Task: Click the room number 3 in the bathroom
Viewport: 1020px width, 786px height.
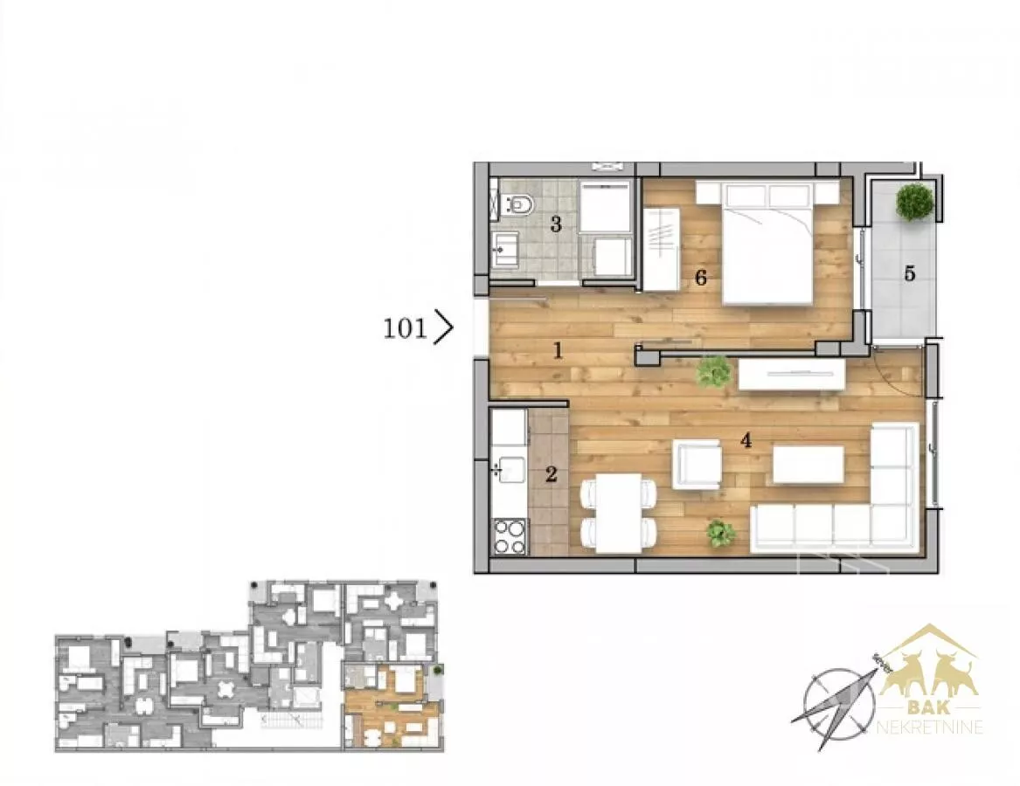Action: click(556, 224)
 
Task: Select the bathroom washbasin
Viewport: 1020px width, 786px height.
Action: click(505, 249)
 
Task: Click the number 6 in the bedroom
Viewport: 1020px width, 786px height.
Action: click(701, 278)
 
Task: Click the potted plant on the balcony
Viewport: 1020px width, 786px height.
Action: click(914, 203)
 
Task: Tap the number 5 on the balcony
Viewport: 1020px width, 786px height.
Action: click(909, 273)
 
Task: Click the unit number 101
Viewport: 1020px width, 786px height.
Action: click(405, 328)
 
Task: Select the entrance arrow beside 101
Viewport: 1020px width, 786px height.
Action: click(443, 327)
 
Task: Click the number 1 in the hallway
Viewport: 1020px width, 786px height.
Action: click(558, 351)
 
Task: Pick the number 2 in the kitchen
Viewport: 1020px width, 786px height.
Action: click(551, 474)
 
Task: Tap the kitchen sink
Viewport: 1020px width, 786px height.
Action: click(510, 469)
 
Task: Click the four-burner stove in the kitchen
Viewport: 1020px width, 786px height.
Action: click(510, 535)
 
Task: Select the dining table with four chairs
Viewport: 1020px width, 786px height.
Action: click(619, 513)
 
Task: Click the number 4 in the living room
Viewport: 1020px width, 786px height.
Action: click(746, 441)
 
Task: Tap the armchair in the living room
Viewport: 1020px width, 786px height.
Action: click(697, 465)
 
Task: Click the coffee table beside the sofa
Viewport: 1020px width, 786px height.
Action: click(808, 465)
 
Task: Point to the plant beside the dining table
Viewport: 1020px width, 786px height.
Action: click(721, 533)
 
